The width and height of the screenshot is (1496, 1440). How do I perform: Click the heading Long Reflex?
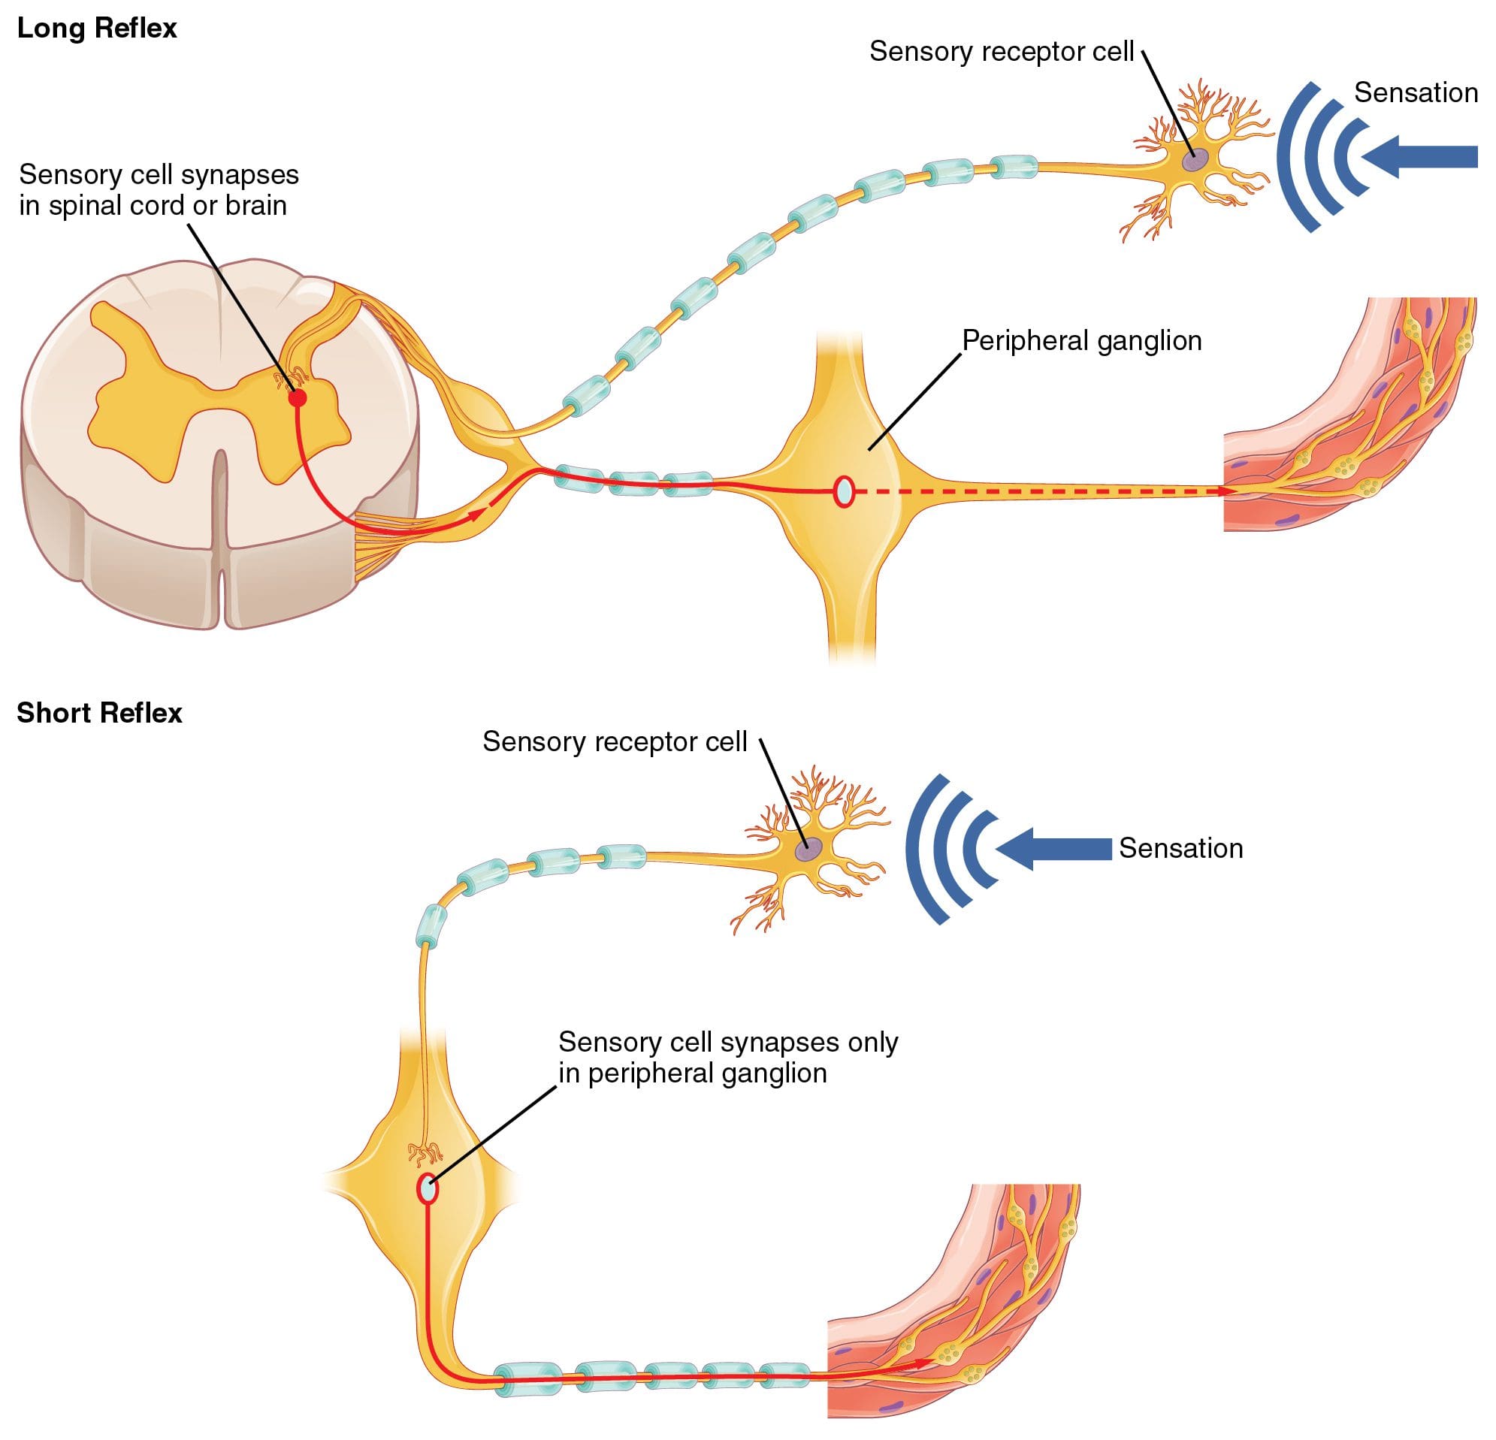97,29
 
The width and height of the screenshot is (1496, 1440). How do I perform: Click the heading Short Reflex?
99,713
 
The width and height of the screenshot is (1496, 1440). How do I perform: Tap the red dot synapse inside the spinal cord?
298,397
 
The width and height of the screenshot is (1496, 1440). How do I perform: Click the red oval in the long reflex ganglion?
843,491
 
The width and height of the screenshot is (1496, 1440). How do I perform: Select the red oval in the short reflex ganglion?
428,1189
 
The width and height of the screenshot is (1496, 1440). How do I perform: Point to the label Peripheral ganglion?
1081,340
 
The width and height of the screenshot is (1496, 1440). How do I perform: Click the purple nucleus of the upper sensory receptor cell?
1195,159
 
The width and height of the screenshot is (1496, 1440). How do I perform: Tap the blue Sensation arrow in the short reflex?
1053,849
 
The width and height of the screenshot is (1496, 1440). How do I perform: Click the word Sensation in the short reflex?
1180,849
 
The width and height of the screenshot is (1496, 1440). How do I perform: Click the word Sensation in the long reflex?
1415,93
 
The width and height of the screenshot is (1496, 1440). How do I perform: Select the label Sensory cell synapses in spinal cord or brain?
158,190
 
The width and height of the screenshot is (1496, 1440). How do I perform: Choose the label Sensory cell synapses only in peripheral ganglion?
727,1058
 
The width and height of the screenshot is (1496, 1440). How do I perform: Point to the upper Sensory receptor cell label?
1001,52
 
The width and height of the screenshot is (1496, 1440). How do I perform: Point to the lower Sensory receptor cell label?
615,741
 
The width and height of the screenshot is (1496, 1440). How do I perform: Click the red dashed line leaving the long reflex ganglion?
1030,492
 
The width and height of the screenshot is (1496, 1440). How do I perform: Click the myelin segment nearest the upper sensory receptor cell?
1014,165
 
